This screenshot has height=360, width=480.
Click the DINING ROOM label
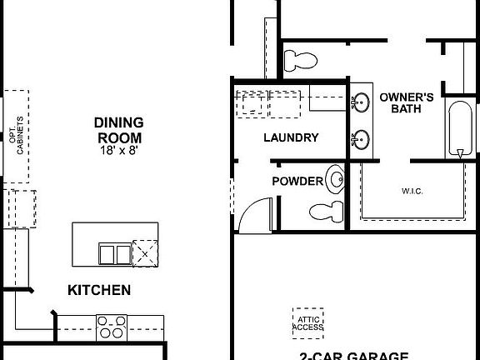coord(117,130)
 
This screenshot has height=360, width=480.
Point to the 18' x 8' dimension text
coord(117,151)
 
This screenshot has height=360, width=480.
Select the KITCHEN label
coord(98,290)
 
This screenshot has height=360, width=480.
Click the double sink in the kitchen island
coord(114,252)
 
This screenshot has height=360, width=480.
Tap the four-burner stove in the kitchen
coord(111,326)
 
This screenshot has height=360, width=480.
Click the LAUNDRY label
coord(291,137)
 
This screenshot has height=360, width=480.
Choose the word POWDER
coord(297,180)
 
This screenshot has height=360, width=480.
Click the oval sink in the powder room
coord(335,177)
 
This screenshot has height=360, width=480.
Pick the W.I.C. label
coord(412,191)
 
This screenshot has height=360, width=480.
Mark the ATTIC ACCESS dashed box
coord(307,322)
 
